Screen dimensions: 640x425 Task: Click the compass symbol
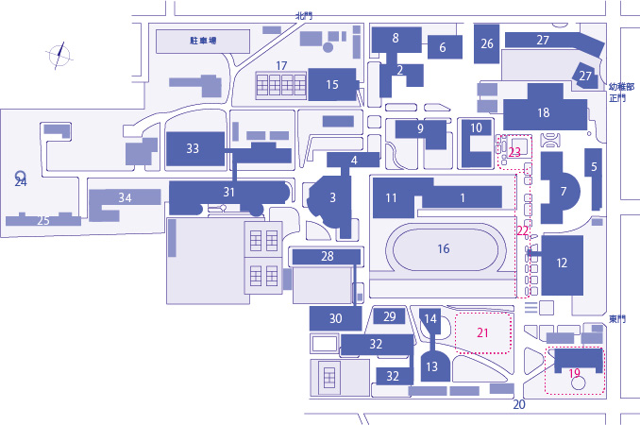tap(59, 56)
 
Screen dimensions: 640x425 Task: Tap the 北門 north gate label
tap(304, 16)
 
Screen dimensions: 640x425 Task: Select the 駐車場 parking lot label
tap(203, 41)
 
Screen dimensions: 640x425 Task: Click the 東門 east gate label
tap(617, 319)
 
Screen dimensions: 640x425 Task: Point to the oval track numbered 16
tap(443, 247)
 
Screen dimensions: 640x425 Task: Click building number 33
tap(195, 148)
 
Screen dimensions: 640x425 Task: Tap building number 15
tap(332, 84)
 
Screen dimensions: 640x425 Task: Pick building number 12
tap(562, 265)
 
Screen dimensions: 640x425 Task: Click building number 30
tap(335, 318)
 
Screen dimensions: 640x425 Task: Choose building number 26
tap(486, 43)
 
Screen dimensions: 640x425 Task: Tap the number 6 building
tap(445, 47)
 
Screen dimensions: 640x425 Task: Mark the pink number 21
tap(482, 332)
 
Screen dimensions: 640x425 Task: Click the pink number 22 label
tap(522, 231)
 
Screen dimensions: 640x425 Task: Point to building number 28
tap(327, 256)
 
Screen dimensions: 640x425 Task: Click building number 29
tap(390, 316)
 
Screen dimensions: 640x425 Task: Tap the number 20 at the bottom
tap(519, 404)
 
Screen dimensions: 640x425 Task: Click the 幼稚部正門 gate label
tap(622, 93)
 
